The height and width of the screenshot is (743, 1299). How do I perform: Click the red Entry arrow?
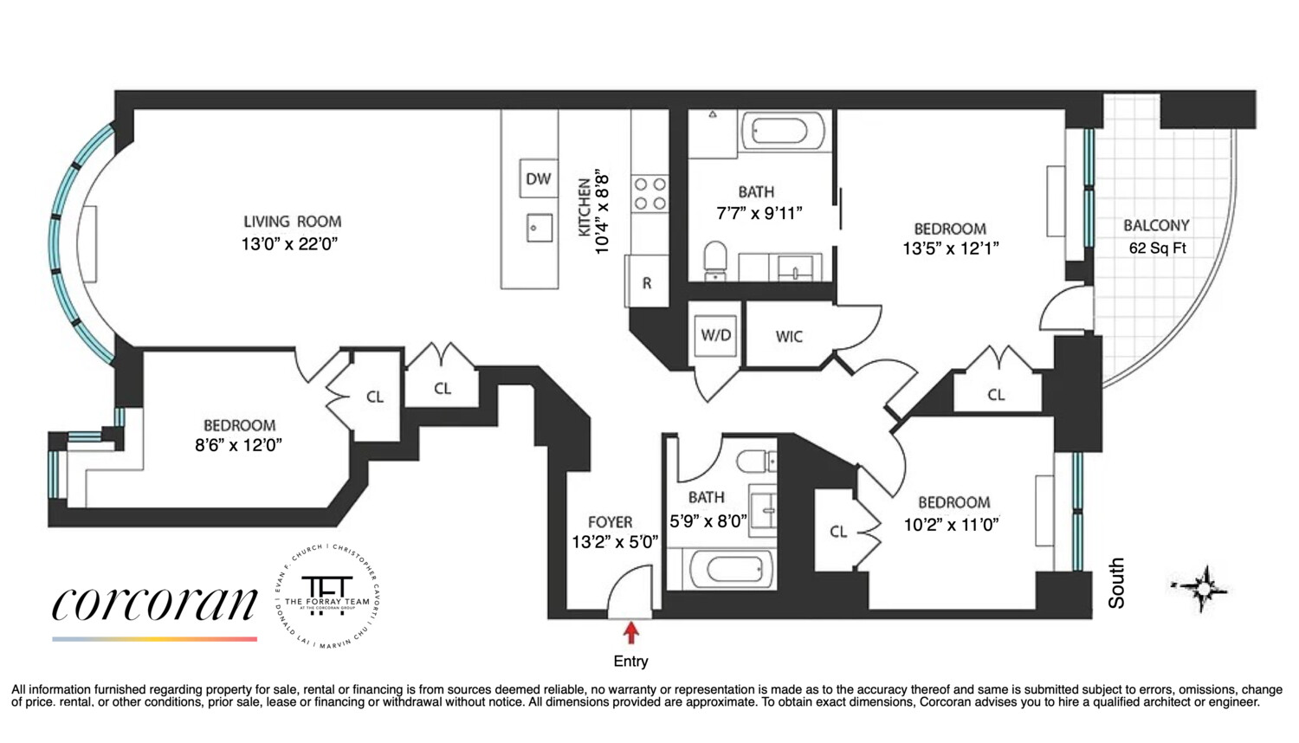tap(631, 632)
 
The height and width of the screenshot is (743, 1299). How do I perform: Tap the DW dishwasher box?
tap(538, 179)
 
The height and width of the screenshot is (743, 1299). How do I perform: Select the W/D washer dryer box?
tap(716, 336)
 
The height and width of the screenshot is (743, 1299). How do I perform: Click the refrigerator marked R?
tap(647, 281)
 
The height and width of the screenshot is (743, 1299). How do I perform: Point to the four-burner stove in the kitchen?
tap(649, 193)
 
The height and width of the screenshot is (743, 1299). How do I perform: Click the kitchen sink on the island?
tap(539, 229)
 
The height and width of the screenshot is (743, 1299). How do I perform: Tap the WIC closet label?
tap(788, 337)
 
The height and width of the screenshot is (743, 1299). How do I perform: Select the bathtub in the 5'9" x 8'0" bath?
tap(732, 570)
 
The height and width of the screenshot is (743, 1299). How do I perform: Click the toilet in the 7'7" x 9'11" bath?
tap(715, 259)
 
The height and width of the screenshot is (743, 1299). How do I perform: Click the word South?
tap(1116, 583)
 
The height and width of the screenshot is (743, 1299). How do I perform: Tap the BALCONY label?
tap(1156, 225)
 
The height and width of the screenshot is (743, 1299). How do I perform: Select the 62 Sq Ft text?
tap(1157, 249)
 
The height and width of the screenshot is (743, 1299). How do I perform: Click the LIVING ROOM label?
tap(292, 222)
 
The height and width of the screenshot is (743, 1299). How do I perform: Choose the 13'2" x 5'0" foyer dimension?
tap(615, 542)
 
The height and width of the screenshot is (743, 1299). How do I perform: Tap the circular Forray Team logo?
tap(327, 596)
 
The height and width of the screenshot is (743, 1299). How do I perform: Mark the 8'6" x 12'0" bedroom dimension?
tap(238, 445)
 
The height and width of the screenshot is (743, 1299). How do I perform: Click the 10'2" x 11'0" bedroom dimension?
tap(951, 525)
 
